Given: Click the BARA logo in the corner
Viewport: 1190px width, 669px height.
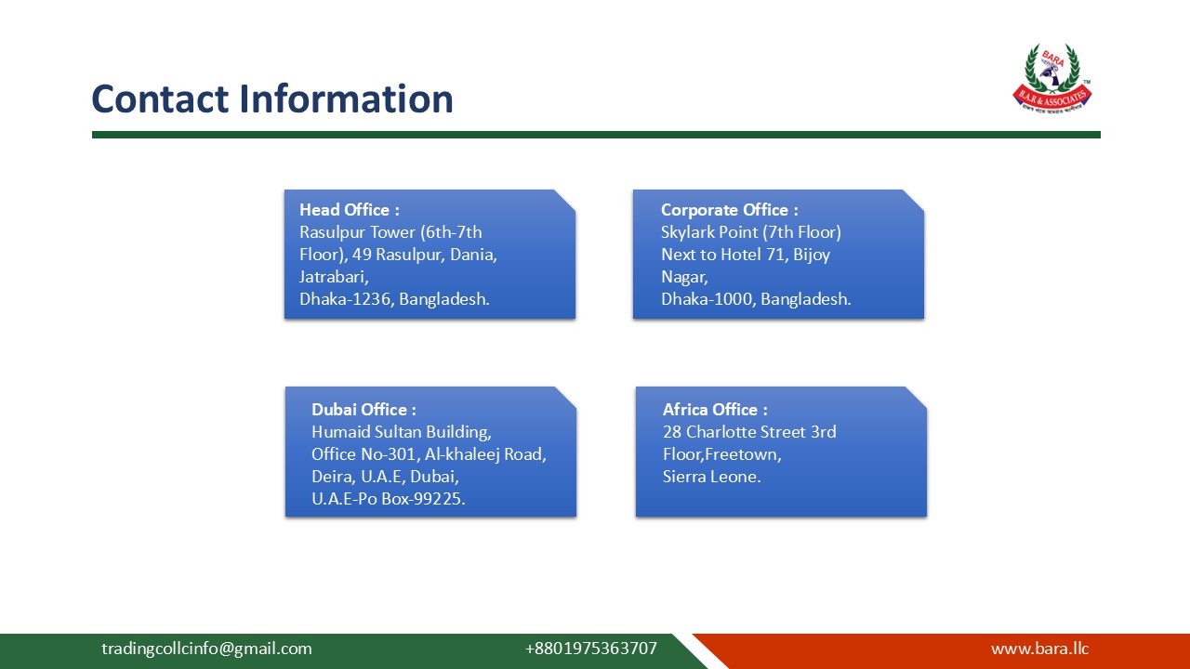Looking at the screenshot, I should (x=1051, y=78).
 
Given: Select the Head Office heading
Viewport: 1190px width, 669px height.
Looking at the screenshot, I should (x=349, y=210).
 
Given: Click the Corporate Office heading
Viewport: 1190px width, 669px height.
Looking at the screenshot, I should (x=729, y=210).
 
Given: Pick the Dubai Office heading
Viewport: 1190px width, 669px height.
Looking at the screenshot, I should (x=364, y=410).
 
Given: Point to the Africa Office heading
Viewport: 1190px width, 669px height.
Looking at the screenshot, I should (x=715, y=410).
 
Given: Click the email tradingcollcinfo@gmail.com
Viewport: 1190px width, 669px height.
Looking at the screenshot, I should (x=206, y=649).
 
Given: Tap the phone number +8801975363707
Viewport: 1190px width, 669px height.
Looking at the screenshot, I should (x=590, y=649).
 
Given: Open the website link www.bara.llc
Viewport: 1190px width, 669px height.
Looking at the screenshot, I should (x=1039, y=649).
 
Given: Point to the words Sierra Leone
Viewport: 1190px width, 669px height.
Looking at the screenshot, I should (x=711, y=477).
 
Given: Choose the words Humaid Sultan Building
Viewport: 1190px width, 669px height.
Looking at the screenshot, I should (x=401, y=432).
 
